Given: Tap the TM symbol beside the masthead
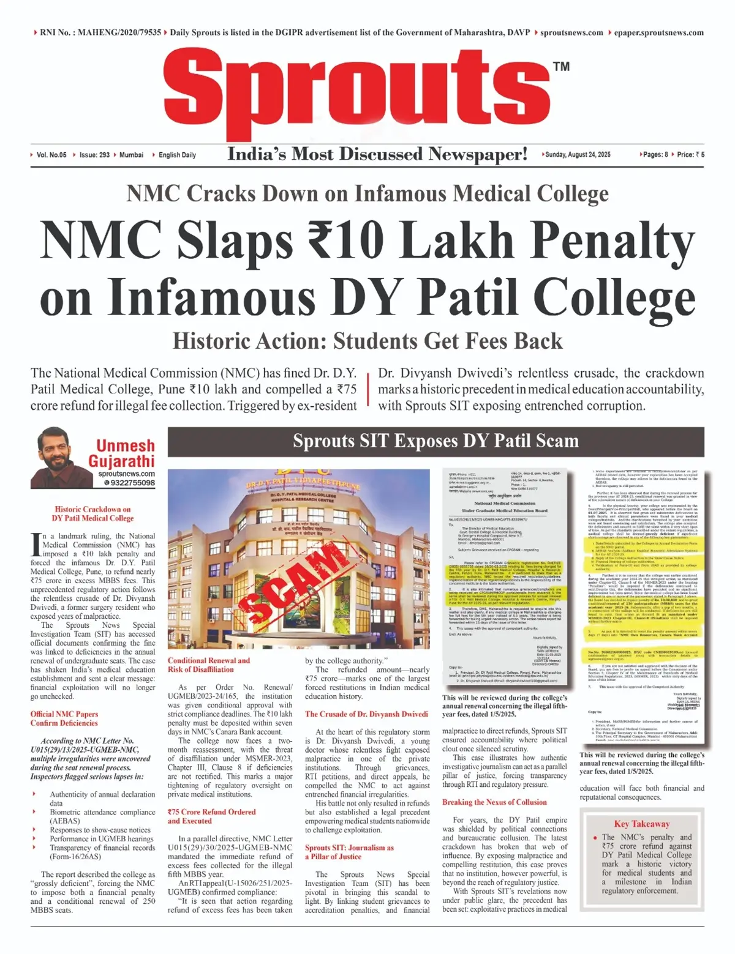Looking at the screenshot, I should click(561, 67).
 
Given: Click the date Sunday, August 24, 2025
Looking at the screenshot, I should click(578, 155).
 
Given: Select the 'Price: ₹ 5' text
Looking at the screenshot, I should click(690, 155).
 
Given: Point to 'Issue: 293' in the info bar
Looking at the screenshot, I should click(94, 155).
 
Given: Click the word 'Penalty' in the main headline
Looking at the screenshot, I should click(602, 242).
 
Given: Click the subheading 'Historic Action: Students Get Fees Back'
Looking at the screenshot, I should click(367, 341).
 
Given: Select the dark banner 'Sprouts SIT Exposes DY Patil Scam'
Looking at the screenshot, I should click(435, 441).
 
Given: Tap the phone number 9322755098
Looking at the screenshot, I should click(132, 483).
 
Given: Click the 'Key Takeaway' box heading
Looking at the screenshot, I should click(641, 824).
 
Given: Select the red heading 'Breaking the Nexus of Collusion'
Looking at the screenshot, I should click(494, 802).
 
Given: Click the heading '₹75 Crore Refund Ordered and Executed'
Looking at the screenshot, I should click(211, 816).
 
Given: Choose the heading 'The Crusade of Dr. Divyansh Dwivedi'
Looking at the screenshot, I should click(366, 714).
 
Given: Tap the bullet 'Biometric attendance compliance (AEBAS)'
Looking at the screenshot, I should click(102, 816).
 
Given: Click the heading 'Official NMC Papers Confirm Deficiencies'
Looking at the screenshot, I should click(64, 718).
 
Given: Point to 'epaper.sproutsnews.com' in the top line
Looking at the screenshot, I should click(658, 32).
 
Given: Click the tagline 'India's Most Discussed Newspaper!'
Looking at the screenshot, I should click(377, 154).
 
